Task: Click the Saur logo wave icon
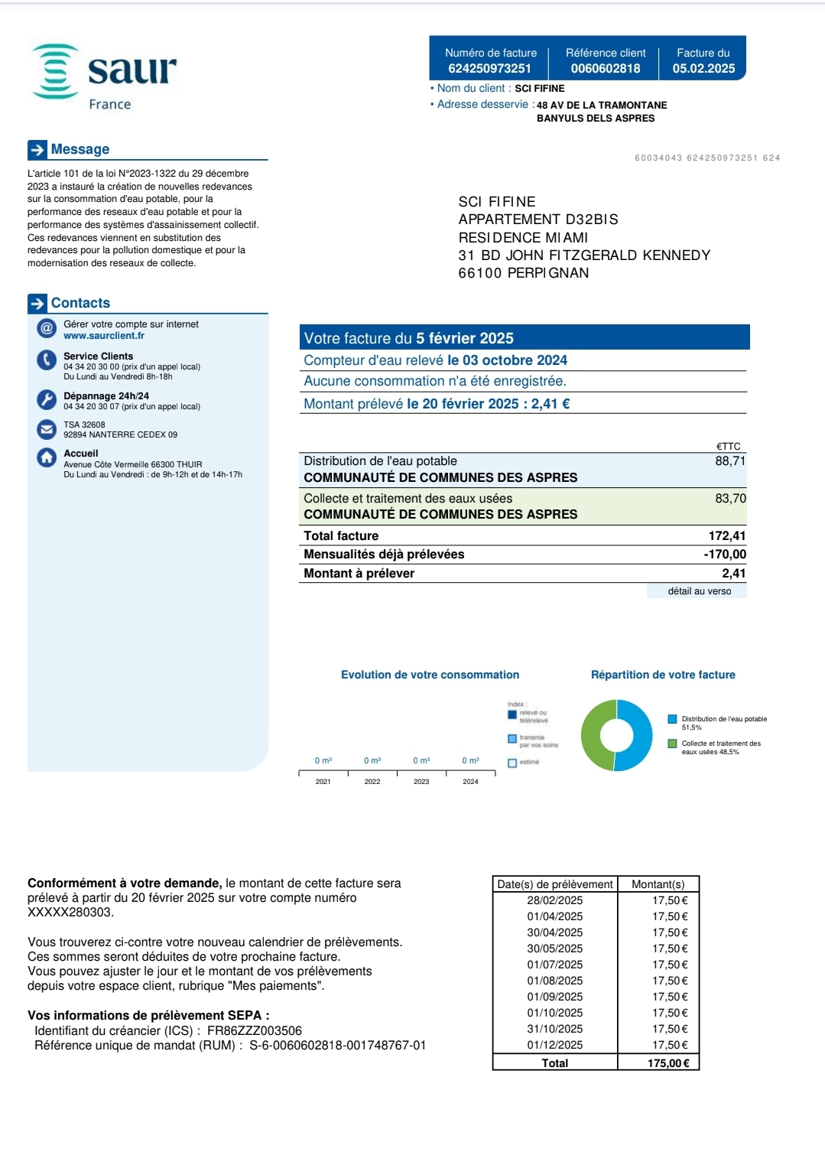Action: click(56, 71)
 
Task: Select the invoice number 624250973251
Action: click(489, 68)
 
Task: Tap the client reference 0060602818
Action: click(606, 68)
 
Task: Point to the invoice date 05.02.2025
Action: click(703, 68)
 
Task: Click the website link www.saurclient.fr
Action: click(104, 336)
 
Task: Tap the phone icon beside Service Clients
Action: click(47, 360)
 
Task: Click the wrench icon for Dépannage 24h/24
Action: click(47, 399)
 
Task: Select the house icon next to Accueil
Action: click(47, 457)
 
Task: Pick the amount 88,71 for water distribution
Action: click(730, 461)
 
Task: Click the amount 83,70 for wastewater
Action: click(730, 499)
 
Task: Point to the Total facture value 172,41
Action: click(726, 536)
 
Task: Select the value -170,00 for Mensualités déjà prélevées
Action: click(725, 555)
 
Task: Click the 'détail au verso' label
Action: click(699, 591)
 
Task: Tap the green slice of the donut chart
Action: click(594, 736)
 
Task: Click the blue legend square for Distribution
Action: click(672, 719)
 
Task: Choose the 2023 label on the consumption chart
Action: click(421, 782)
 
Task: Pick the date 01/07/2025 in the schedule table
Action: click(554, 965)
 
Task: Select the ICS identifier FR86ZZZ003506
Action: click(255, 1031)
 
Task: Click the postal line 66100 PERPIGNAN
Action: click(524, 273)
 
